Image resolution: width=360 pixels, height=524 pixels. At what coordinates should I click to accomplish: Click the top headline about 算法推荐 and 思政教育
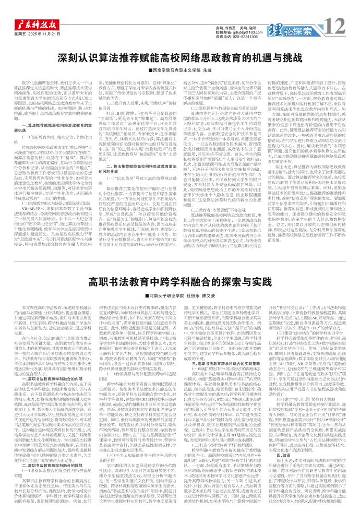[x=180, y=57]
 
